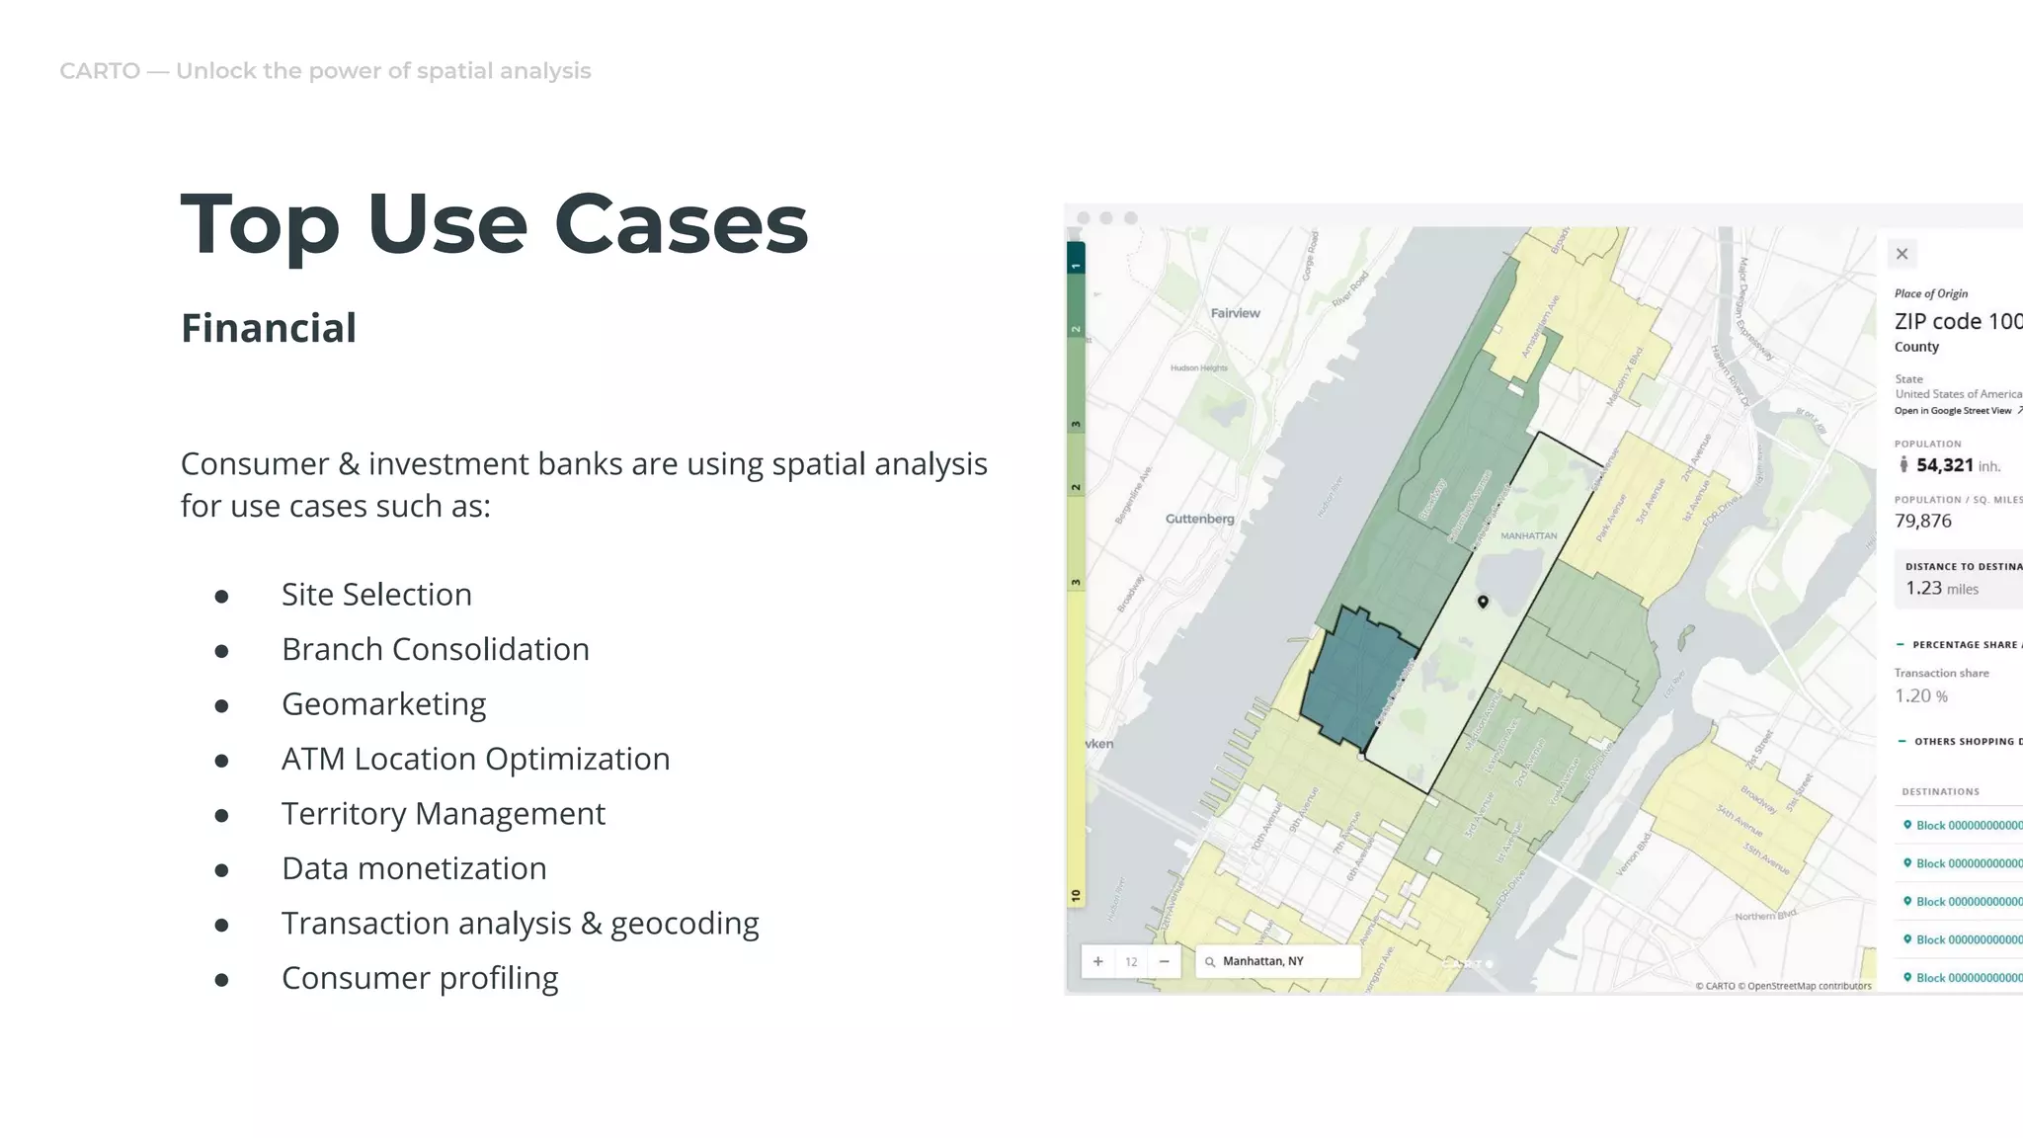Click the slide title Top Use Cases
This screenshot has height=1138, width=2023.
point(494,224)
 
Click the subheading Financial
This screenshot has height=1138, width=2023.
point(268,328)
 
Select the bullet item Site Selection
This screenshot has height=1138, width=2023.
point(376,595)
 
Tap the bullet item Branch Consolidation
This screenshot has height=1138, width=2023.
point(435,649)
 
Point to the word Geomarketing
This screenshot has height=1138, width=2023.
point(383,704)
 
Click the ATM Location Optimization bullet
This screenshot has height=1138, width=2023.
point(475,759)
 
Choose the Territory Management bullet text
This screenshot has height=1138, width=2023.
point(443,814)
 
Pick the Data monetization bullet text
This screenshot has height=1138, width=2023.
point(414,868)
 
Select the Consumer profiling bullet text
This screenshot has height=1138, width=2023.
point(420,978)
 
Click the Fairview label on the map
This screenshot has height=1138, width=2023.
point(1235,313)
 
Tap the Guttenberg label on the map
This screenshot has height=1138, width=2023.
point(1199,519)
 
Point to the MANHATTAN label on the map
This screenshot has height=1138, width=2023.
point(1528,535)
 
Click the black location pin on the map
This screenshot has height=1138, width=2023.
point(1483,602)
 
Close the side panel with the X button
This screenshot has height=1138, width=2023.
point(1902,254)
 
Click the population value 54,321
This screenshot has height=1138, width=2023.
point(1944,465)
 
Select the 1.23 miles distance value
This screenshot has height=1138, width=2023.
point(1942,589)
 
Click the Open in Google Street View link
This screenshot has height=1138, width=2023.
point(1954,411)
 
